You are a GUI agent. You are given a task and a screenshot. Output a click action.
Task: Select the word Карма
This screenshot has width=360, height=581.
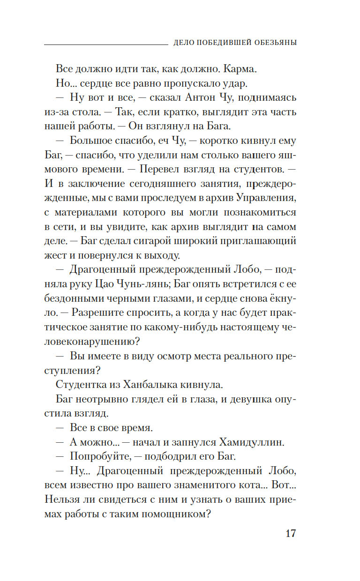point(241,69)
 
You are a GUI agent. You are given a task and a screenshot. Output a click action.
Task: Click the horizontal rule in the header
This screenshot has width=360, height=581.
point(105,44)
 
